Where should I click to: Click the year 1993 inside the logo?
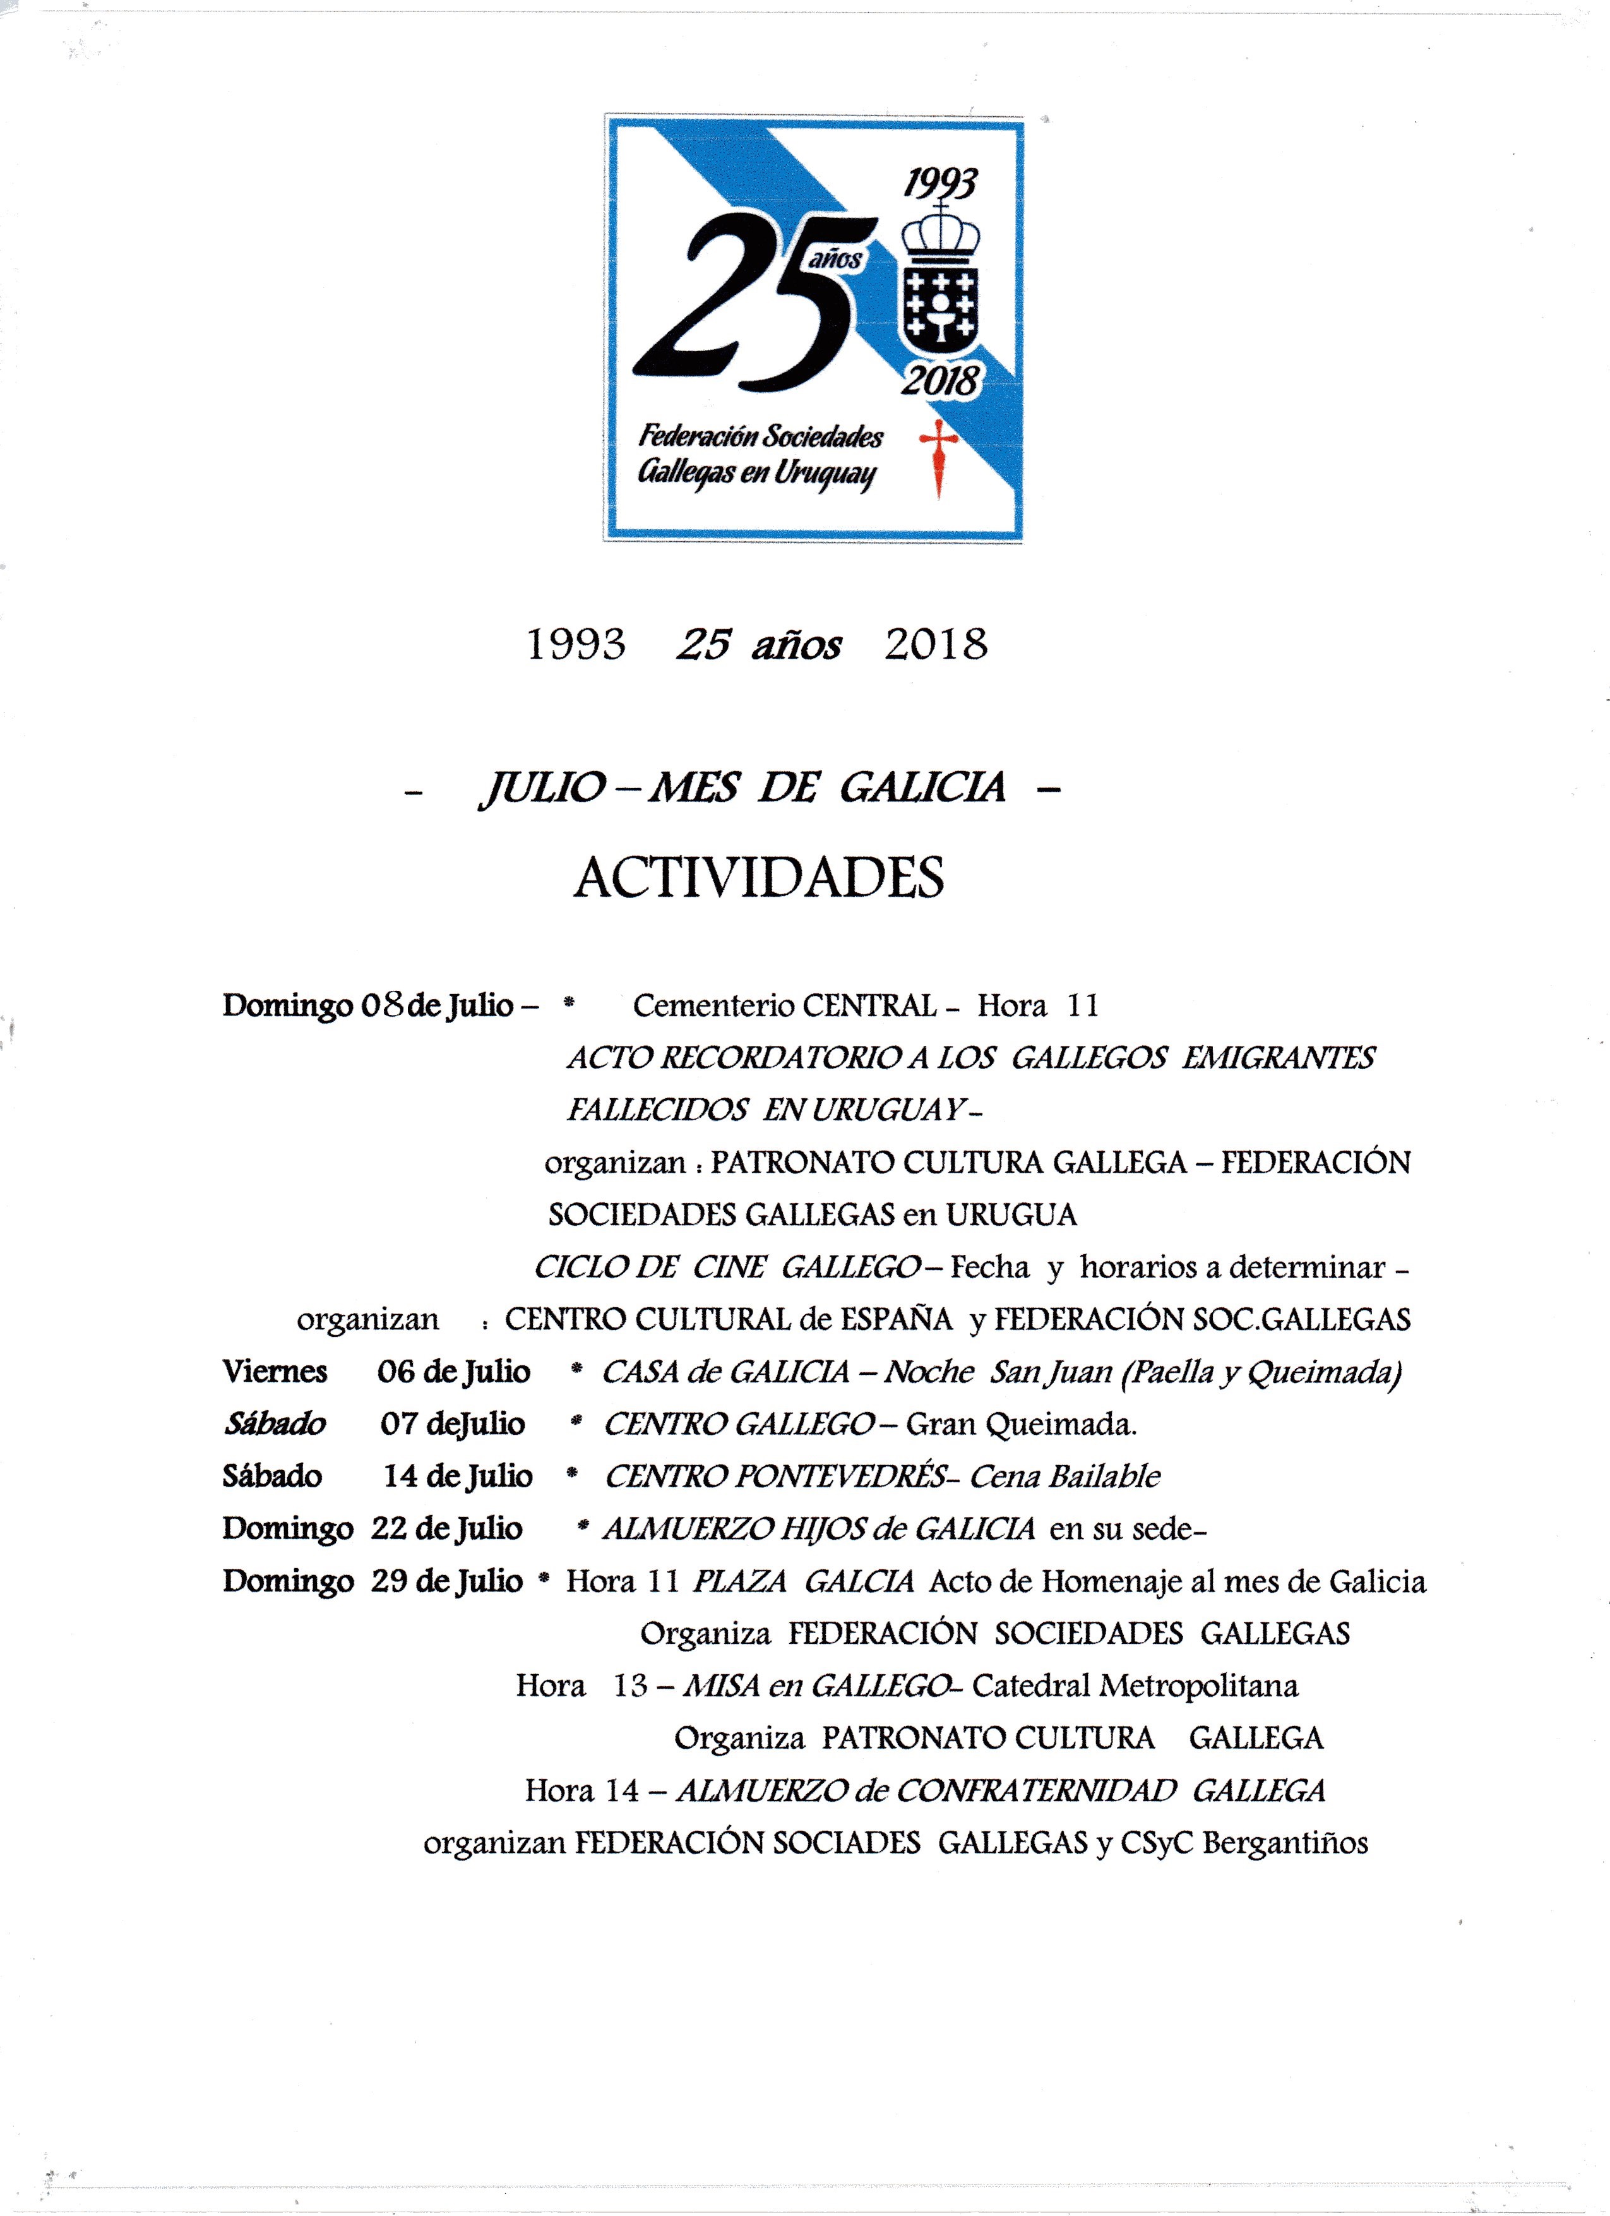coord(940,183)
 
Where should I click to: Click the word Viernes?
coord(275,1372)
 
